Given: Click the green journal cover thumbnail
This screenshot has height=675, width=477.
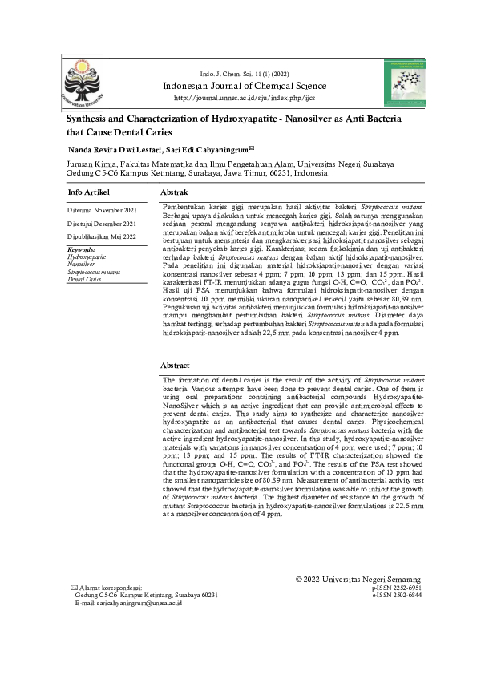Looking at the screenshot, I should click(405, 82).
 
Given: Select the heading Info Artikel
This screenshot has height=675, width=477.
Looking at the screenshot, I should click(89, 192).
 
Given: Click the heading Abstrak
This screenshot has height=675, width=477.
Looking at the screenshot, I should click(175, 193).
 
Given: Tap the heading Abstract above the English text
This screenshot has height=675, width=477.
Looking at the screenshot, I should click(175, 365).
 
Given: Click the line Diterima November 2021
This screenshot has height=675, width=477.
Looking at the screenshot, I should click(102, 210).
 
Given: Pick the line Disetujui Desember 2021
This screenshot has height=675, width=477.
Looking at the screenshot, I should click(102, 224).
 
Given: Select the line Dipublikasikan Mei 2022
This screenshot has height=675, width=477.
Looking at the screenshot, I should click(102, 236).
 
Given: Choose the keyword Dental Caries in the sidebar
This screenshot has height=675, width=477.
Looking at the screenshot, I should click(84, 279).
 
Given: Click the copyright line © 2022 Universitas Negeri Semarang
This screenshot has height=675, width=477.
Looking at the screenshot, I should click(358, 579).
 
